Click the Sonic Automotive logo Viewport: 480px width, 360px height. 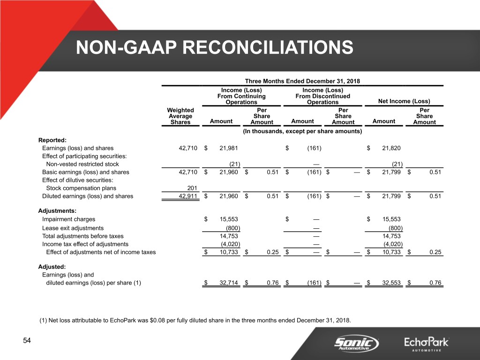(x=356, y=344)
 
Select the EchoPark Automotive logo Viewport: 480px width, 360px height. (x=427, y=344)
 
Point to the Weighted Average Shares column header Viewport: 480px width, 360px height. (x=180, y=116)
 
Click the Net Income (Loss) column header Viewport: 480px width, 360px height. (x=404, y=102)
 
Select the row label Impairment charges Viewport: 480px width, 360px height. (x=68, y=219)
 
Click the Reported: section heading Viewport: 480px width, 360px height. (x=52, y=139)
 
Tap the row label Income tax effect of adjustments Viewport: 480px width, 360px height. (x=85, y=244)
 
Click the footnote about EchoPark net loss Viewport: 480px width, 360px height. (x=195, y=321)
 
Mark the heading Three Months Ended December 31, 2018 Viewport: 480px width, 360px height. (x=302, y=81)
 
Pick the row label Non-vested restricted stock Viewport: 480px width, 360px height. (x=82, y=164)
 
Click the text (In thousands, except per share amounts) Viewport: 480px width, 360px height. (x=302, y=131)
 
